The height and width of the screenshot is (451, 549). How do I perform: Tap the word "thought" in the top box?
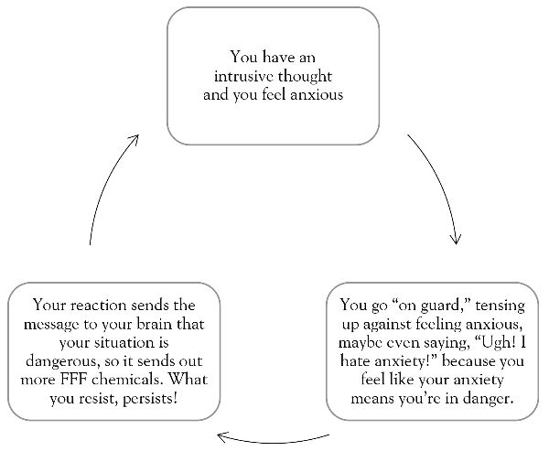point(305,77)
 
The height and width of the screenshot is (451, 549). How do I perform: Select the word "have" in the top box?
point(278,57)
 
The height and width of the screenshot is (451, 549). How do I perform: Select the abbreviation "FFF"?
point(73,380)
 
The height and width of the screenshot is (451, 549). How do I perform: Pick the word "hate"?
point(355,360)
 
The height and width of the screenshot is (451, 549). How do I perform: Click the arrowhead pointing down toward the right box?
point(456,239)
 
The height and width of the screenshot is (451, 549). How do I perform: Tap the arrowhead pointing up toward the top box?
point(135,140)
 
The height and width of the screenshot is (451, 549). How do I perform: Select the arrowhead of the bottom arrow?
point(222,437)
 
